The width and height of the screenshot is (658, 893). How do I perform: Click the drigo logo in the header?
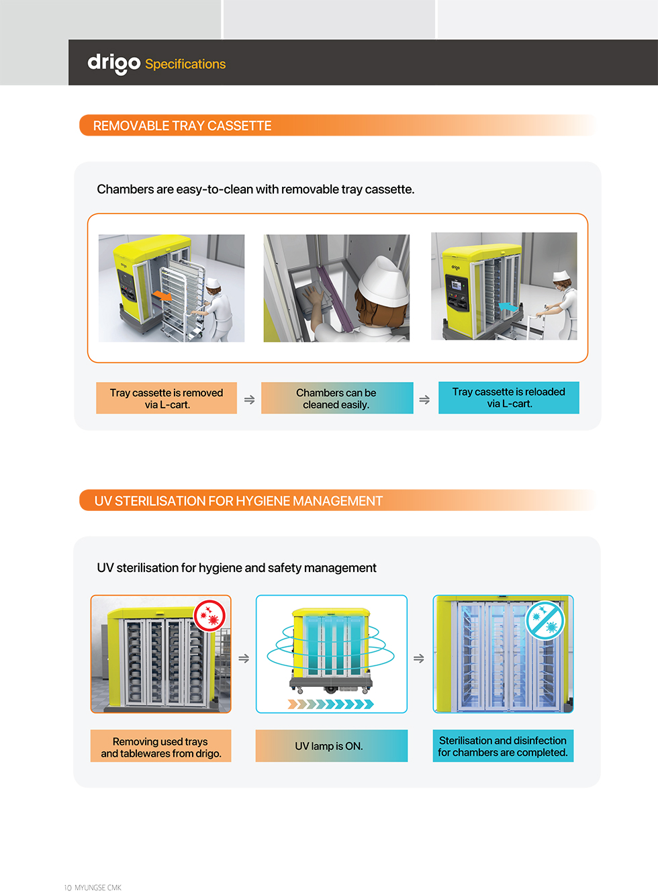click(x=114, y=64)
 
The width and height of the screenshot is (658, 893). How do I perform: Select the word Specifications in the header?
click(x=185, y=64)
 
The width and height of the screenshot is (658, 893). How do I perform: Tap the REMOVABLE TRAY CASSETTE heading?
click(x=182, y=126)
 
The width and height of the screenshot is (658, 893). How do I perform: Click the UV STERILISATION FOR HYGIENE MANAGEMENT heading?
click(x=238, y=501)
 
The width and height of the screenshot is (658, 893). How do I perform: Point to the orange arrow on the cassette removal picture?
click(x=162, y=296)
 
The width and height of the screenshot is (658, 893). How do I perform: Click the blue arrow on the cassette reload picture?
click(x=508, y=307)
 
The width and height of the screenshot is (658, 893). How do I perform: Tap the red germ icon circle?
click(x=209, y=616)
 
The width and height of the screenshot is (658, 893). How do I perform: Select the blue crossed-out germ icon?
click(x=545, y=620)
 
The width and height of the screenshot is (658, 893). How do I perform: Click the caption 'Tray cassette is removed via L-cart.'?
click(x=167, y=398)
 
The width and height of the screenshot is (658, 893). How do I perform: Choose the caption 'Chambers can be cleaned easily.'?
click(x=337, y=398)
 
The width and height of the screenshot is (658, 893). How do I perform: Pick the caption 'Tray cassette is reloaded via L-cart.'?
click(x=508, y=397)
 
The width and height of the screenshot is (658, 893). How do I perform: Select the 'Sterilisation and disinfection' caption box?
click(x=503, y=745)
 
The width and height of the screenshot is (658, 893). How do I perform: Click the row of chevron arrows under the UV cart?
click(x=331, y=704)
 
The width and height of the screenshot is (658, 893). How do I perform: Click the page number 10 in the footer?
click(x=68, y=888)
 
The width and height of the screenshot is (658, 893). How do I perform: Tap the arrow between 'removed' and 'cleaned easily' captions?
click(x=250, y=399)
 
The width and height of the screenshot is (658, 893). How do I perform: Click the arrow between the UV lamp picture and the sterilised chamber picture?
click(x=419, y=658)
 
